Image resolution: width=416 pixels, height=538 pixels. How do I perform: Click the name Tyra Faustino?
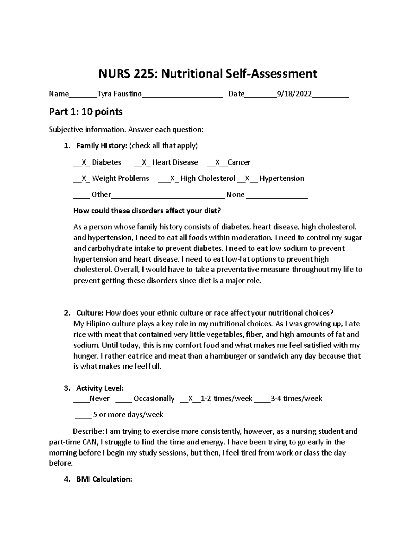click(120, 94)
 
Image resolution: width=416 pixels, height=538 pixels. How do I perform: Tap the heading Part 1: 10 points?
click(86, 112)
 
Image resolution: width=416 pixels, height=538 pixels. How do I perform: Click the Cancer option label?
click(239, 162)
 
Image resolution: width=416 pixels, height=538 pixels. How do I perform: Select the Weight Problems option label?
click(120, 178)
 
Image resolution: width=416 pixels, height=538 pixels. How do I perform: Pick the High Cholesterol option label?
click(208, 178)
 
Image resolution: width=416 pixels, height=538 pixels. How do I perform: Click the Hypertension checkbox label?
click(281, 178)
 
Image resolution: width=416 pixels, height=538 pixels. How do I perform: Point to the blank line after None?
click(277, 195)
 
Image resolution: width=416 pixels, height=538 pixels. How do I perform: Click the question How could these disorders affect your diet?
click(147, 211)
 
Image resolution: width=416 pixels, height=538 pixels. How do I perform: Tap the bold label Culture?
click(90, 313)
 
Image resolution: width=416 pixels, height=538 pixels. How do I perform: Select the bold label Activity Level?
click(100, 388)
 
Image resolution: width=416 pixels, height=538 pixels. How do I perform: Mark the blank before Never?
click(81, 399)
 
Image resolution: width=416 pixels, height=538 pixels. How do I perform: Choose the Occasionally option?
click(154, 399)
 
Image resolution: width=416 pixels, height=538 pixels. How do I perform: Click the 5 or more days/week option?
click(128, 415)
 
